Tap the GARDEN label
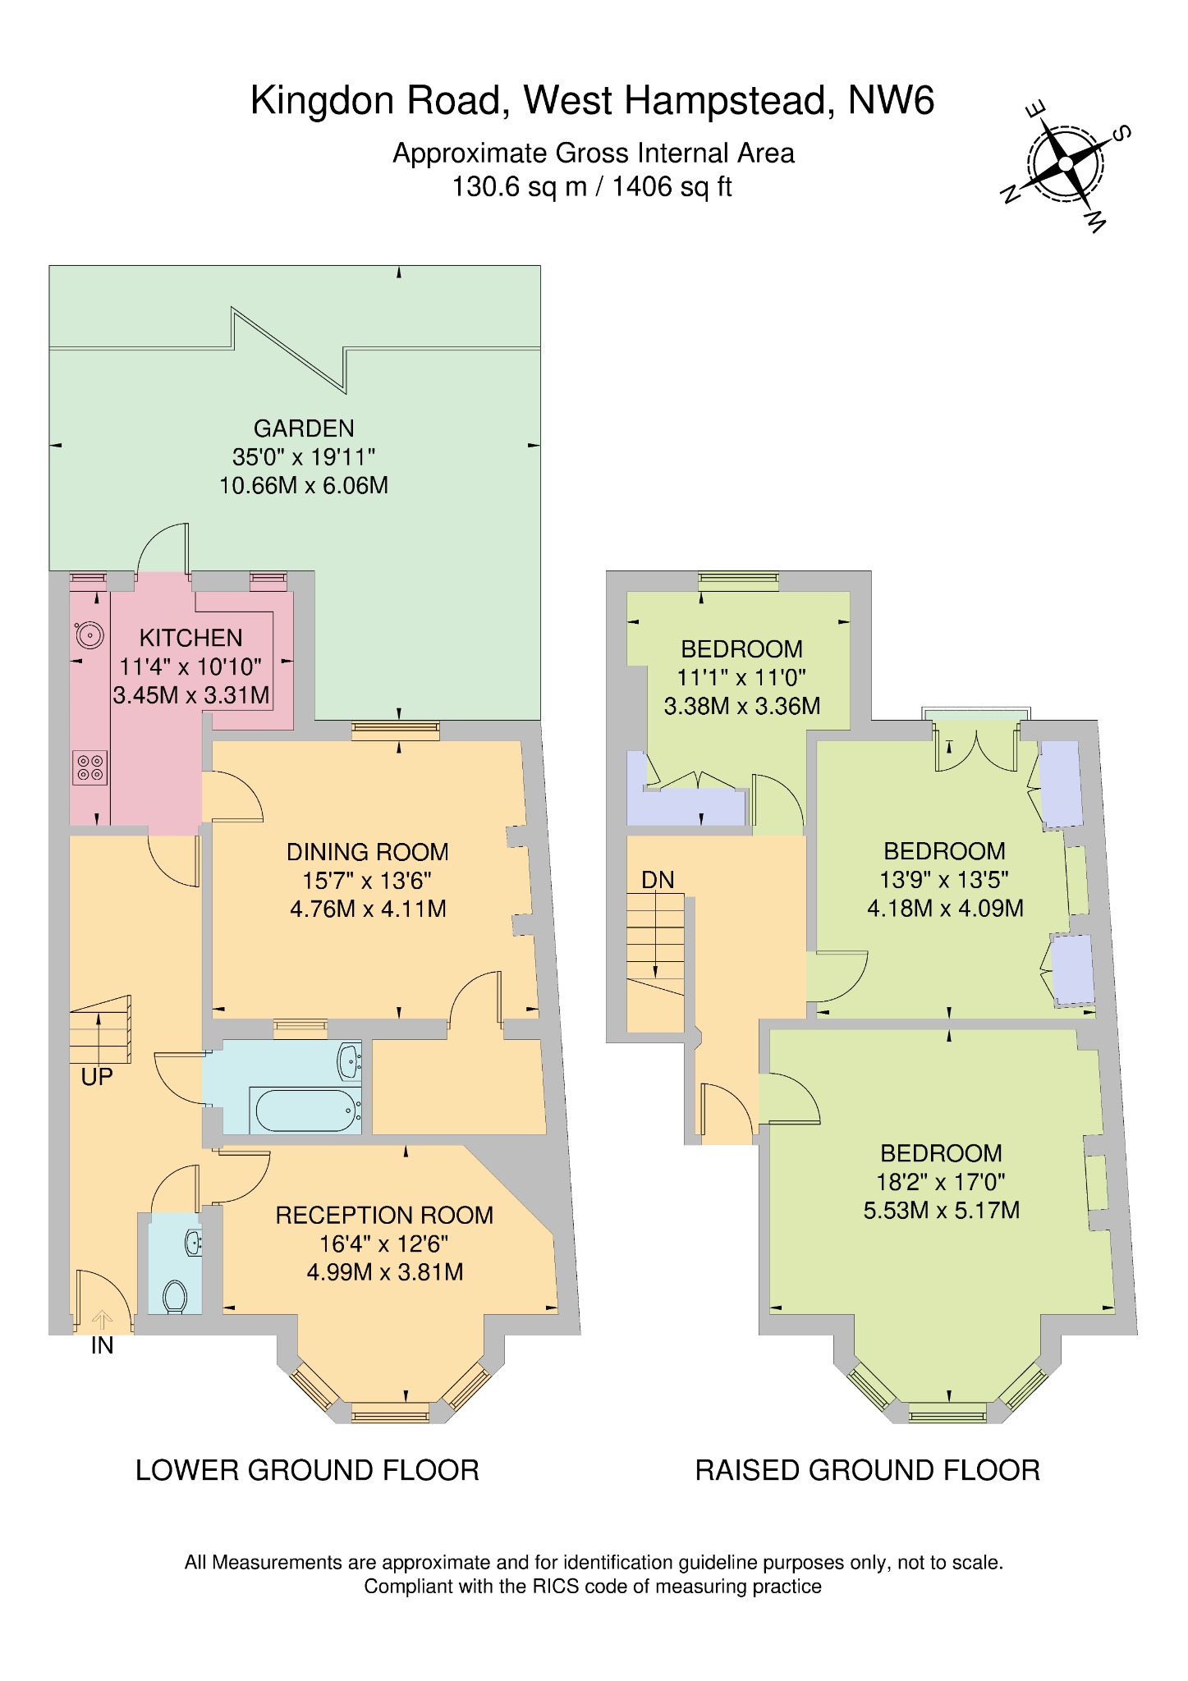304,428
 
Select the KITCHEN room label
190,638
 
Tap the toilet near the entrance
174,1297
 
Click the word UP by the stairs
97,1077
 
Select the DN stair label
658,881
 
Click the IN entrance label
102,1345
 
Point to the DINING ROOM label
368,852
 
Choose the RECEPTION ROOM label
384,1216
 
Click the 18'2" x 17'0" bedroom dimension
941,1182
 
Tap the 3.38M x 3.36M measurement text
742,706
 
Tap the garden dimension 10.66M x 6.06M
304,486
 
